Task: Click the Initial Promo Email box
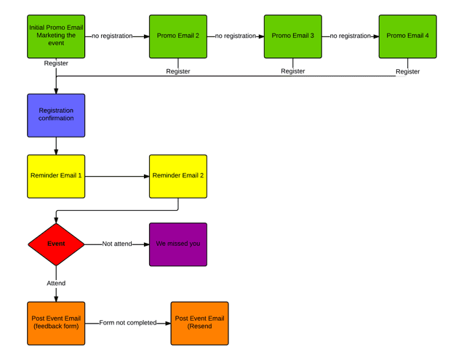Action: pos(56,36)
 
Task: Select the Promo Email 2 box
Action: pos(178,36)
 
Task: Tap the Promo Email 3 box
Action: pos(293,36)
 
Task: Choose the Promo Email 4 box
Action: pos(407,36)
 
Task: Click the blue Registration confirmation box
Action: pos(56,115)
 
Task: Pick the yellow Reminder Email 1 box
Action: pos(56,176)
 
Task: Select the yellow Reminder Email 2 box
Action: pos(178,176)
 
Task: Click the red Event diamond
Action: pos(56,244)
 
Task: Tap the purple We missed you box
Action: pos(178,244)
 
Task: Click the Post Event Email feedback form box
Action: pos(56,323)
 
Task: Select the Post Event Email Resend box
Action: pos(199,323)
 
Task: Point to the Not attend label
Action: pos(117,244)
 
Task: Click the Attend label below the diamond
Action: pos(56,283)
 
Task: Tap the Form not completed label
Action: pos(127,323)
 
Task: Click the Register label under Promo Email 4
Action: pos(407,71)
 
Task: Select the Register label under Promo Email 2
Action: pos(178,71)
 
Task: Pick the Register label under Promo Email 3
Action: pos(293,71)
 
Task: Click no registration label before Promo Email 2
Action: pos(113,36)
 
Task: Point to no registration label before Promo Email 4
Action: pos(350,36)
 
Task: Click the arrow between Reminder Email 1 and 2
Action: pos(116,176)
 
